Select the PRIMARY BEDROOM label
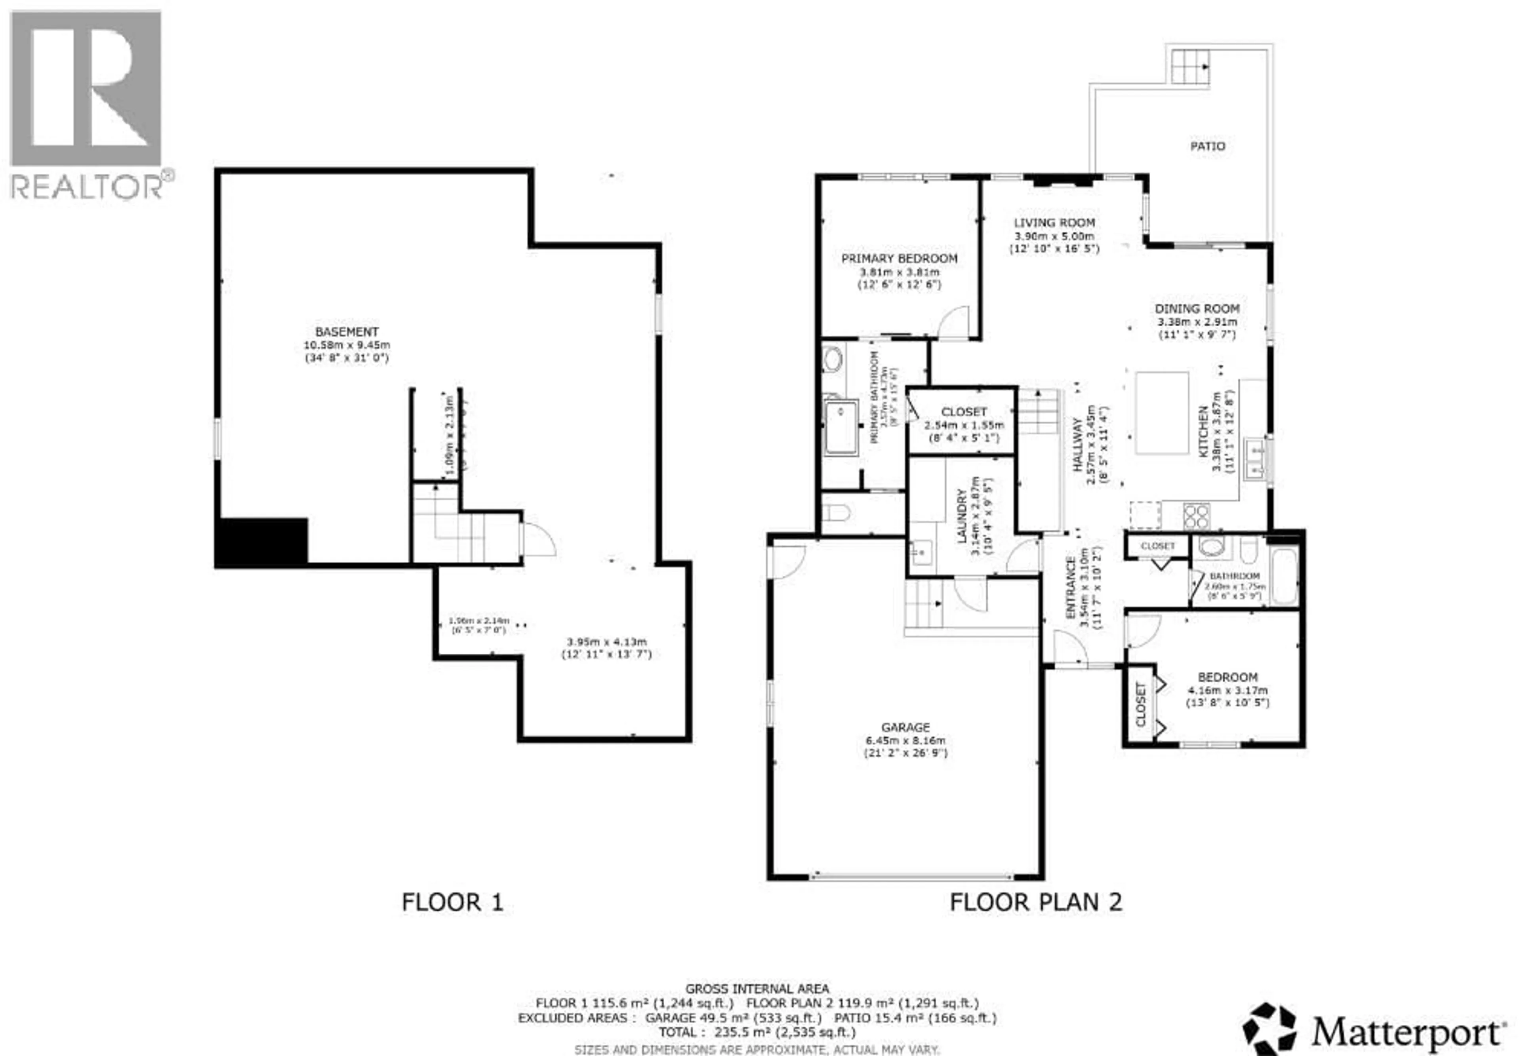[x=899, y=258]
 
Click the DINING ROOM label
[x=1197, y=308]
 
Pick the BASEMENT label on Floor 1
[x=346, y=331]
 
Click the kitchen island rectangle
[x=1162, y=413]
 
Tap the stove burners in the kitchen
[x=1196, y=515]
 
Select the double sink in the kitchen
[x=1254, y=458]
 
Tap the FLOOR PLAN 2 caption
[x=1036, y=902]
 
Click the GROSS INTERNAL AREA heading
[x=757, y=989]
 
